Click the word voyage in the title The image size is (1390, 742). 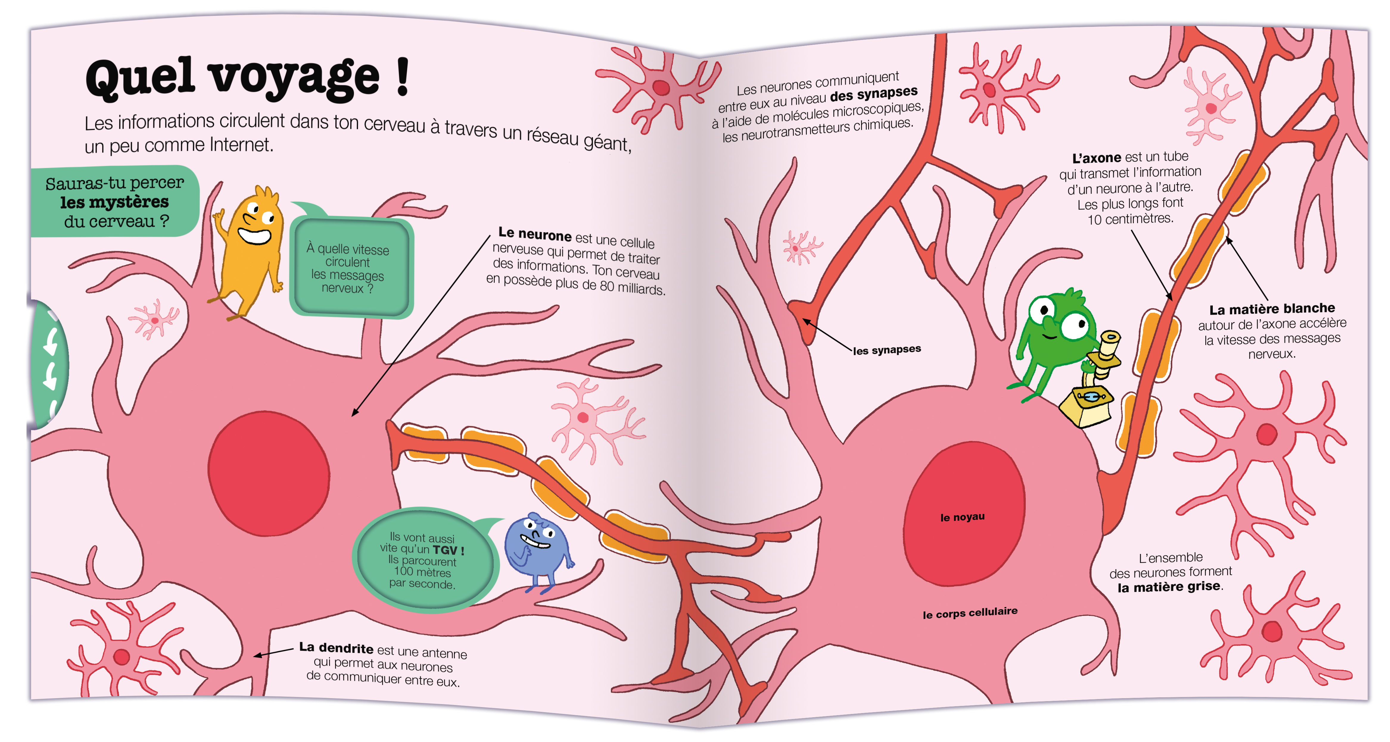(294, 78)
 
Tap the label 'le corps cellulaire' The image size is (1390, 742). (970, 613)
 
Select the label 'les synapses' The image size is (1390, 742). (887, 350)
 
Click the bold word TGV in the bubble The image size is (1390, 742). (445, 550)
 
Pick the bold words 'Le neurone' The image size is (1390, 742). (534, 235)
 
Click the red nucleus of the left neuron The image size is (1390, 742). (268, 474)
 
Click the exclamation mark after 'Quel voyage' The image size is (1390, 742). (402, 78)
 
